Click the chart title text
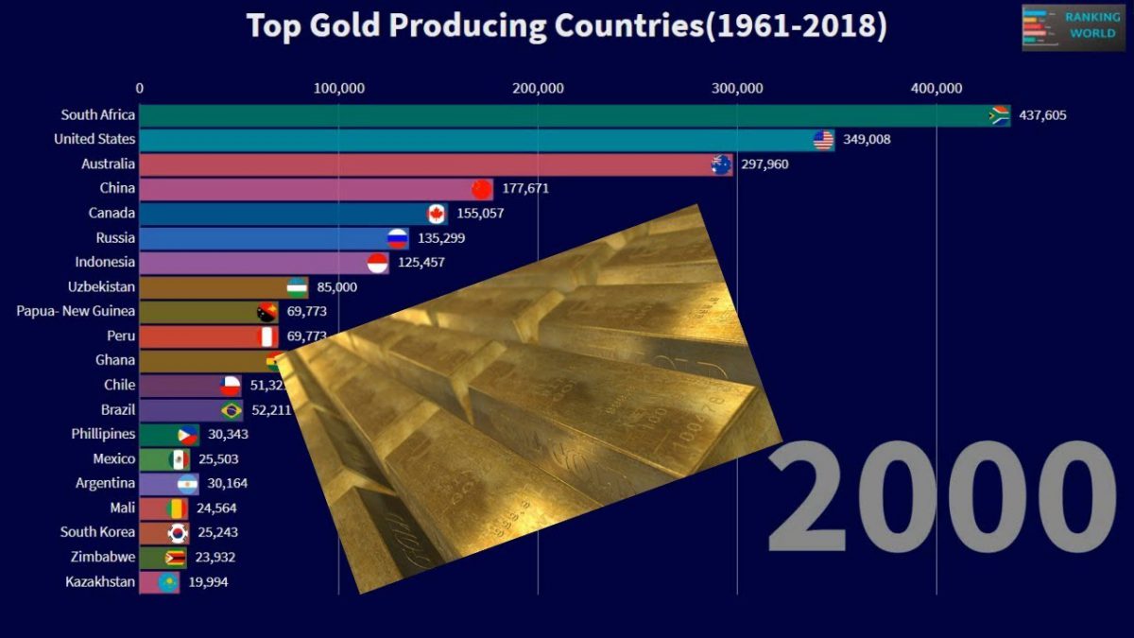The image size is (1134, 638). tap(566, 26)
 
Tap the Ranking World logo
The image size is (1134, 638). tap(1073, 26)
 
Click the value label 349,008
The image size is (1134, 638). tap(867, 140)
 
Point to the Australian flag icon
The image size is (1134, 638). tap(722, 164)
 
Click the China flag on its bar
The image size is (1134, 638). tap(482, 188)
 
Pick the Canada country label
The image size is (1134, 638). tap(112, 213)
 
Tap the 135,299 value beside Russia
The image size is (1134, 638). tap(441, 238)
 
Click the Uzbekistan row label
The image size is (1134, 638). tap(101, 286)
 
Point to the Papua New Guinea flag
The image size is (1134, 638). tap(267, 312)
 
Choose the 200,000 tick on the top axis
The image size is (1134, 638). tap(538, 89)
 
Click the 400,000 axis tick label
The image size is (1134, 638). tap(936, 89)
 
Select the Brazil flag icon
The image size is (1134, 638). tap(231, 410)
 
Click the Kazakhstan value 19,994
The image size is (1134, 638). tap(208, 582)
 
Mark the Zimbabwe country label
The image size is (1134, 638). tap(102, 557)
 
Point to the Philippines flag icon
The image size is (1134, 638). tap(188, 435)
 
